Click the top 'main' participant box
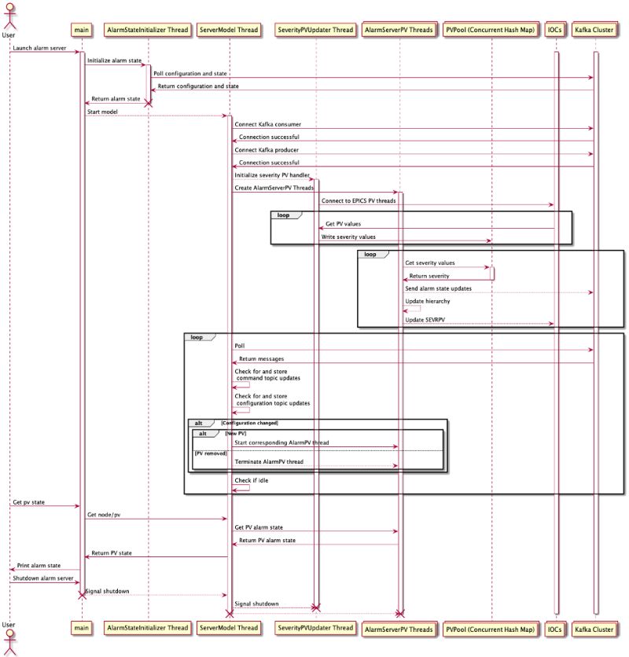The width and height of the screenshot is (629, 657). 81,30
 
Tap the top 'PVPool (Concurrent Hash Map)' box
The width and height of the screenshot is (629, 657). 491,30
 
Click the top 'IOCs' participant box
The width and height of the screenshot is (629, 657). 555,30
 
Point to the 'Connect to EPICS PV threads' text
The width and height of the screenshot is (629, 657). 358,200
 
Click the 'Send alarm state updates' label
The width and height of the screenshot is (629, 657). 438,288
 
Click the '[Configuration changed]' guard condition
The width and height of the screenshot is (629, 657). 249,423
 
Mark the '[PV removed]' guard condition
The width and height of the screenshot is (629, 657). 208,453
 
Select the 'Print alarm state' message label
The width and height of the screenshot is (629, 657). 39,565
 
